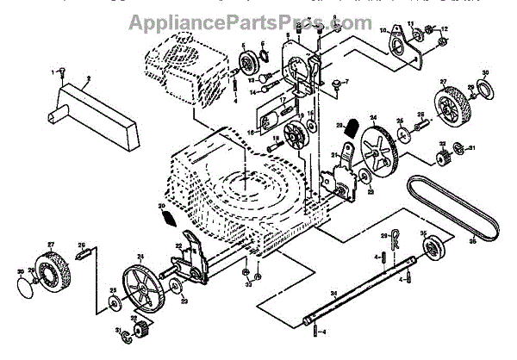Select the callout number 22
178,246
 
